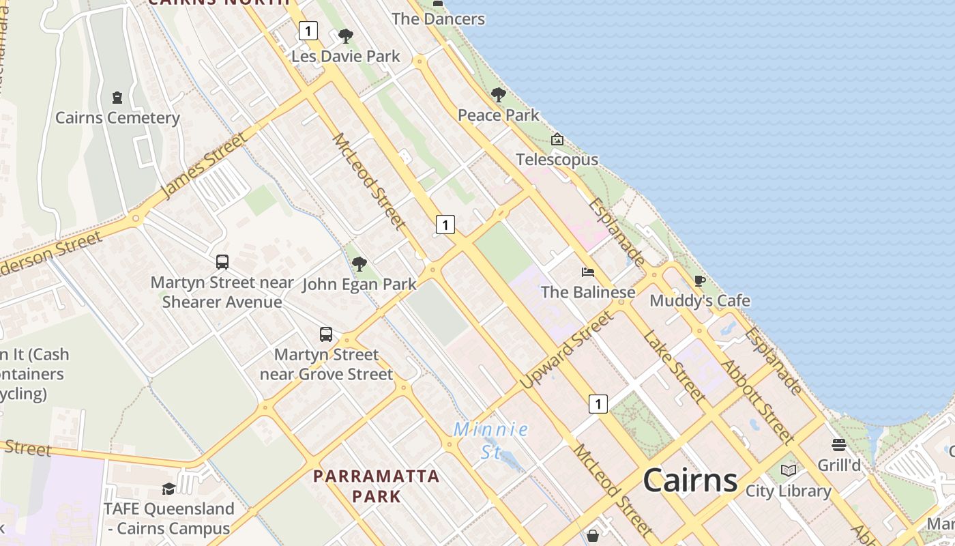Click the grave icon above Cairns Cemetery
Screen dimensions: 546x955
click(117, 98)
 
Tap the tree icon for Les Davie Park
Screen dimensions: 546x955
click(346, 36)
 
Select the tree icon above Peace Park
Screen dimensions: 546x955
click(499, 95)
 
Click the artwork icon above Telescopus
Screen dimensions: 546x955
click(557, 140)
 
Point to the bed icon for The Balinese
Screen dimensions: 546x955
click(588, 272)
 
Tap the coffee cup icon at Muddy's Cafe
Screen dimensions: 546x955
click(699, 281)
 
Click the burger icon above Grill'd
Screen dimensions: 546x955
click(839, 445)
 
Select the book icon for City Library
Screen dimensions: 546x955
click(789, 470)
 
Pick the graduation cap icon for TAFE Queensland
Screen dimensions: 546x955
click(168, 489)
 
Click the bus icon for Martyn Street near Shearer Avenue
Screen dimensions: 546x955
click(222, 261)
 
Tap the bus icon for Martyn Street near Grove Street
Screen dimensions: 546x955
click(326, 334)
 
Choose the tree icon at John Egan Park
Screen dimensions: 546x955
click(359, 264)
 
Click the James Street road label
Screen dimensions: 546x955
click(204, 166)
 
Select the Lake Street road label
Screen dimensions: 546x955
click(674, 367)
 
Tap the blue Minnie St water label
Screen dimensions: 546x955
click(491, 440)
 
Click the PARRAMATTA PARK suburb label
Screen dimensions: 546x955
click(377, 485)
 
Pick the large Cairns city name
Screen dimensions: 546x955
click(690, 480)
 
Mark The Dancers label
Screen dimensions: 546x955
click(438, 18)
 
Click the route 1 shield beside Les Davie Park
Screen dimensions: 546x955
click(308, 31)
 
